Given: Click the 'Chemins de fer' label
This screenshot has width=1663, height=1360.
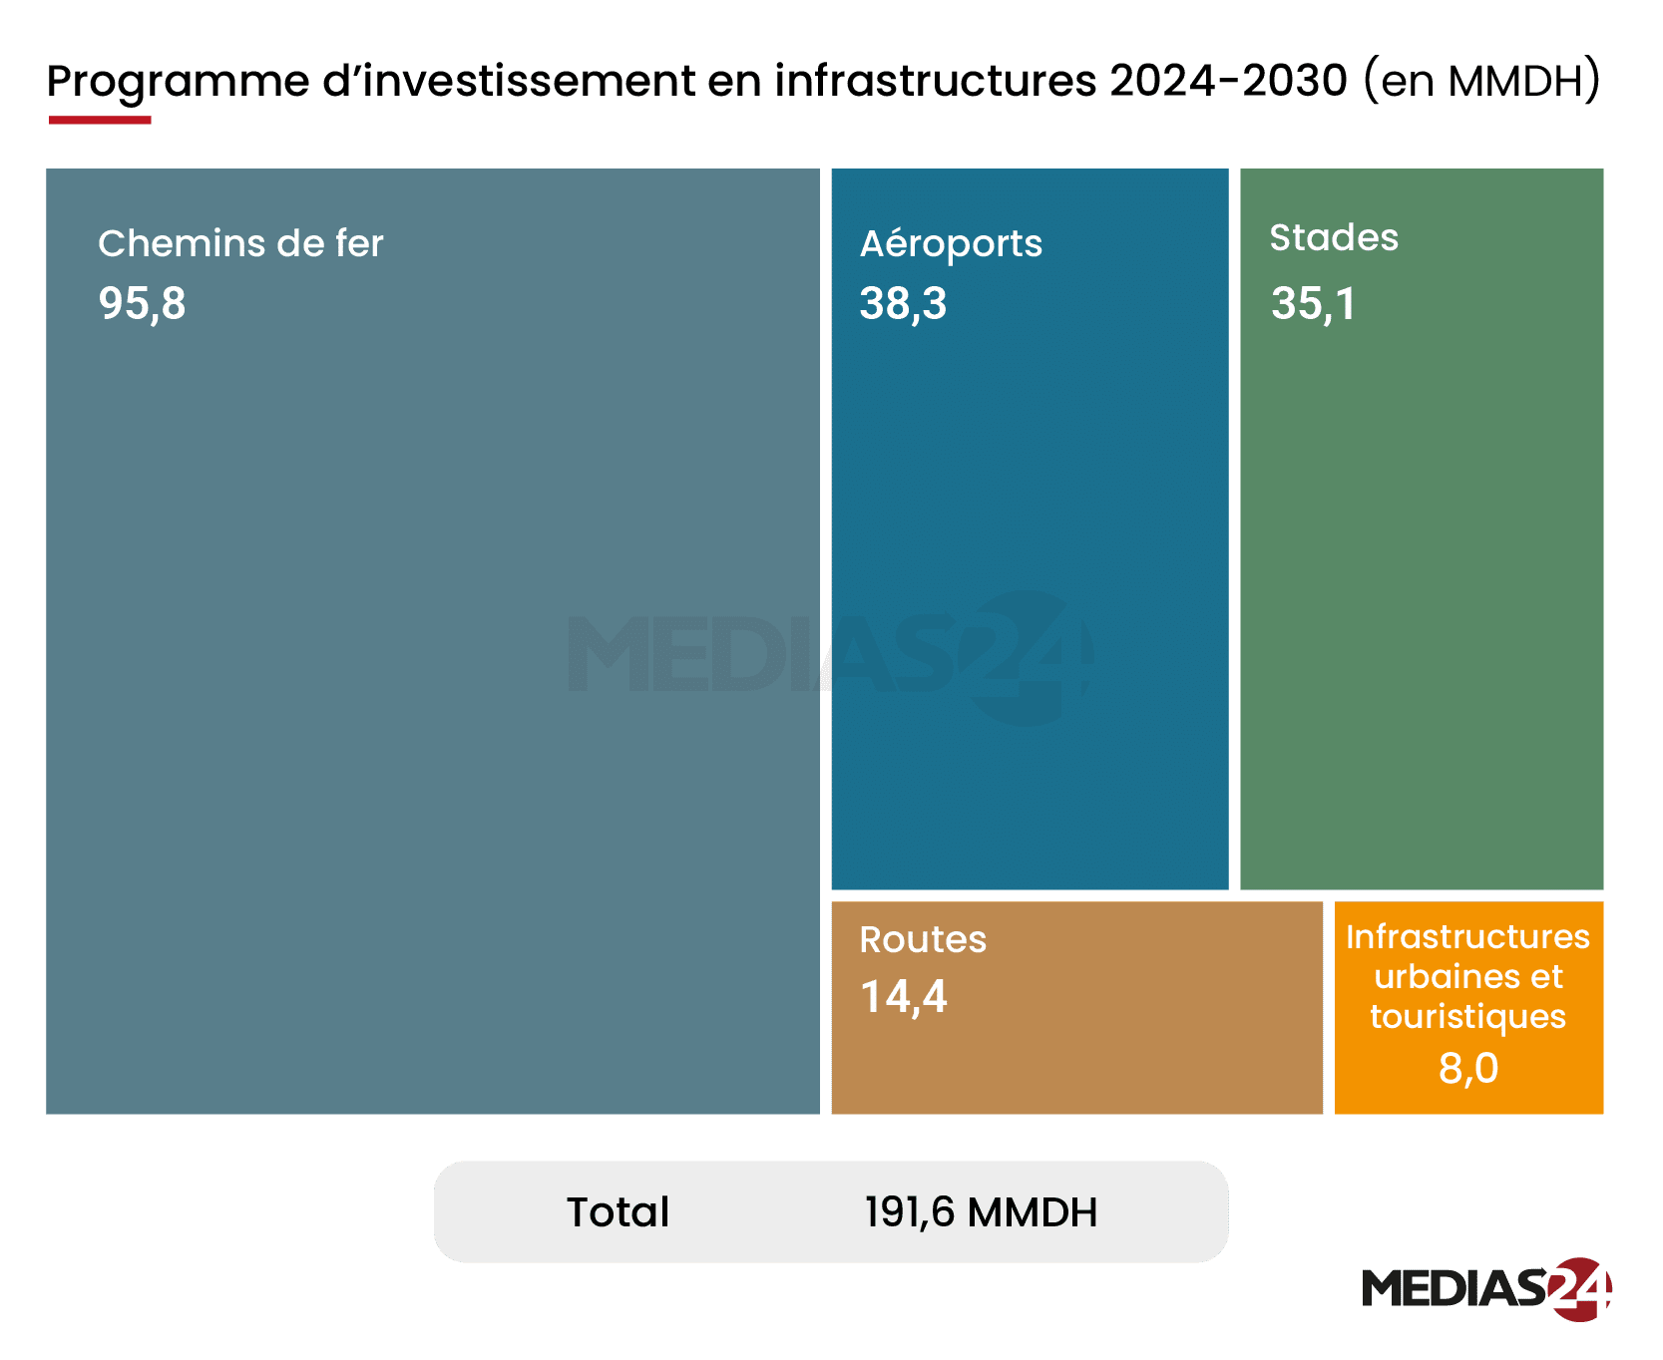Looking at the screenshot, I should [240, 243].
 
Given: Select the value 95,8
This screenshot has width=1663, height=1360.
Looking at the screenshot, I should [142, 303].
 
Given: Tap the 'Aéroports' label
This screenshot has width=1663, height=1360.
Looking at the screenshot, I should [951, 244].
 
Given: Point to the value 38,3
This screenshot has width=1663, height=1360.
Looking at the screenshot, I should [903, 303].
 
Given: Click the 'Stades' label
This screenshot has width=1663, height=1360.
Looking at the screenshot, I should [1334, 238].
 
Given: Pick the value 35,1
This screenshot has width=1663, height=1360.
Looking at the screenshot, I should [1313, 303].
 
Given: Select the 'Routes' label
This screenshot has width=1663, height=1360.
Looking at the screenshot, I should [923, 939].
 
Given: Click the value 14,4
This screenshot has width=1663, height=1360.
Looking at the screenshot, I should [903, 997].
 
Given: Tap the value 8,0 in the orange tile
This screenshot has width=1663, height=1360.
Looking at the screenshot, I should [1468, 1068].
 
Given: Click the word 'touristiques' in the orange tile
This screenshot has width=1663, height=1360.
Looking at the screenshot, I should [1468, 1017].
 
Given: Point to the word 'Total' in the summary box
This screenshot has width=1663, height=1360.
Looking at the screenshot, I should [619, 1212].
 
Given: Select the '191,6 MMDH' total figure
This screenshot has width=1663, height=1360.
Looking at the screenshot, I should [981, 1212].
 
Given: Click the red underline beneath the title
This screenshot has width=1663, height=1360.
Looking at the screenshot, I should [100, 121].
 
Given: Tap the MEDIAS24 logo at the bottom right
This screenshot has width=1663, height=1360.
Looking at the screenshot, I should [1486, 1288].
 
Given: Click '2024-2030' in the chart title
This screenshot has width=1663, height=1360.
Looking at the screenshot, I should [1228, 81].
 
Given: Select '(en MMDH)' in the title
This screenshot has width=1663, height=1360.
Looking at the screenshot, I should [1482, 81].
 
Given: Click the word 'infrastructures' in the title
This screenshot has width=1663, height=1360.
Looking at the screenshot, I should [936, 81].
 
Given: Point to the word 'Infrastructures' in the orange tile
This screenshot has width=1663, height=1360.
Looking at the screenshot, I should [1468, 937].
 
